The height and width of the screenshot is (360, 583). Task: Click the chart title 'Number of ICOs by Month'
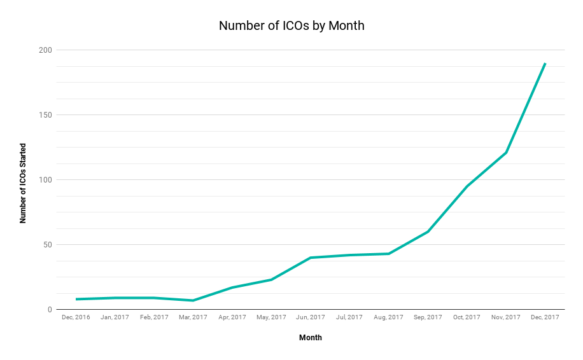coord(291,26)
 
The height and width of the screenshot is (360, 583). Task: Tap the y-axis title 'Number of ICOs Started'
coord(23,183)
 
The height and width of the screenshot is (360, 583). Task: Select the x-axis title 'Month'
coord(311,338)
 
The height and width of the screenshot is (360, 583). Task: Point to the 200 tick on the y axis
coord(45,50)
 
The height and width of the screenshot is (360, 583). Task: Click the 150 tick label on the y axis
coord(45,114)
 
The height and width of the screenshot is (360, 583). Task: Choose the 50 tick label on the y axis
coord(46,244)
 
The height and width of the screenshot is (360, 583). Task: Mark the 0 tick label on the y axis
coord(49,310)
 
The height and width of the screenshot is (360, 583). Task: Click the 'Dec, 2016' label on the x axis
coord(76,317)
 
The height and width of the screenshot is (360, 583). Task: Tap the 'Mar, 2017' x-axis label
coord(193,317)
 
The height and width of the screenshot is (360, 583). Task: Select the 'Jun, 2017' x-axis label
coord(311,317)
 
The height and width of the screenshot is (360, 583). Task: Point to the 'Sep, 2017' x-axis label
coord(428,317)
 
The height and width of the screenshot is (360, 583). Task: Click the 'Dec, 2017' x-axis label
coord(545,317)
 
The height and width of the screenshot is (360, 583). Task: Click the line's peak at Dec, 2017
coord(545,64)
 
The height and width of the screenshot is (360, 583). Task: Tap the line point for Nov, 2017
coord(506,152)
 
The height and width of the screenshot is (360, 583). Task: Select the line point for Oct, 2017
coord(467,186)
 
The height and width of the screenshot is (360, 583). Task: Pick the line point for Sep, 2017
coord(428,232)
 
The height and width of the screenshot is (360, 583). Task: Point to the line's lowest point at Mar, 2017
coord(193,300)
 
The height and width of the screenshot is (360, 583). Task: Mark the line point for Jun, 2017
coord(311,258)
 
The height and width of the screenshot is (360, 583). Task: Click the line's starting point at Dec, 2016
coord(76,299)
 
